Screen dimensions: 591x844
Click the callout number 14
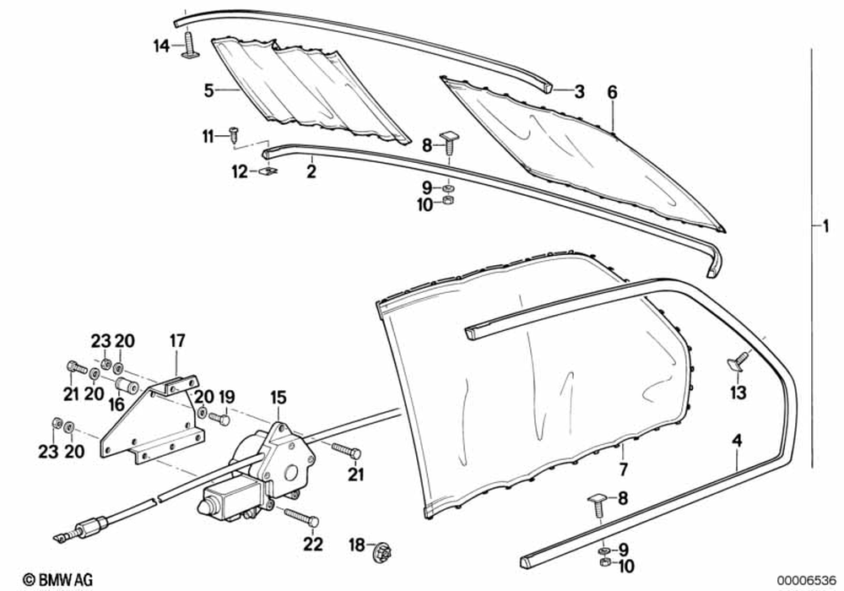(161, 46)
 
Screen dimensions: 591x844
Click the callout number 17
(176, 342)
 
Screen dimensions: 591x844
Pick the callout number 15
(278, 396)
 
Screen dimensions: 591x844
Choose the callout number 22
(313, 545)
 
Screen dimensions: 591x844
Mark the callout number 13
(738, 393)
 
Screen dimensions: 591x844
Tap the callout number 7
(623, 468)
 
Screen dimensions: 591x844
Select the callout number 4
(737, 440)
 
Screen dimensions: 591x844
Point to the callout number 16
(116, 404)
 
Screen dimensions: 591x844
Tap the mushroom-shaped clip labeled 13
(738, 361)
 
